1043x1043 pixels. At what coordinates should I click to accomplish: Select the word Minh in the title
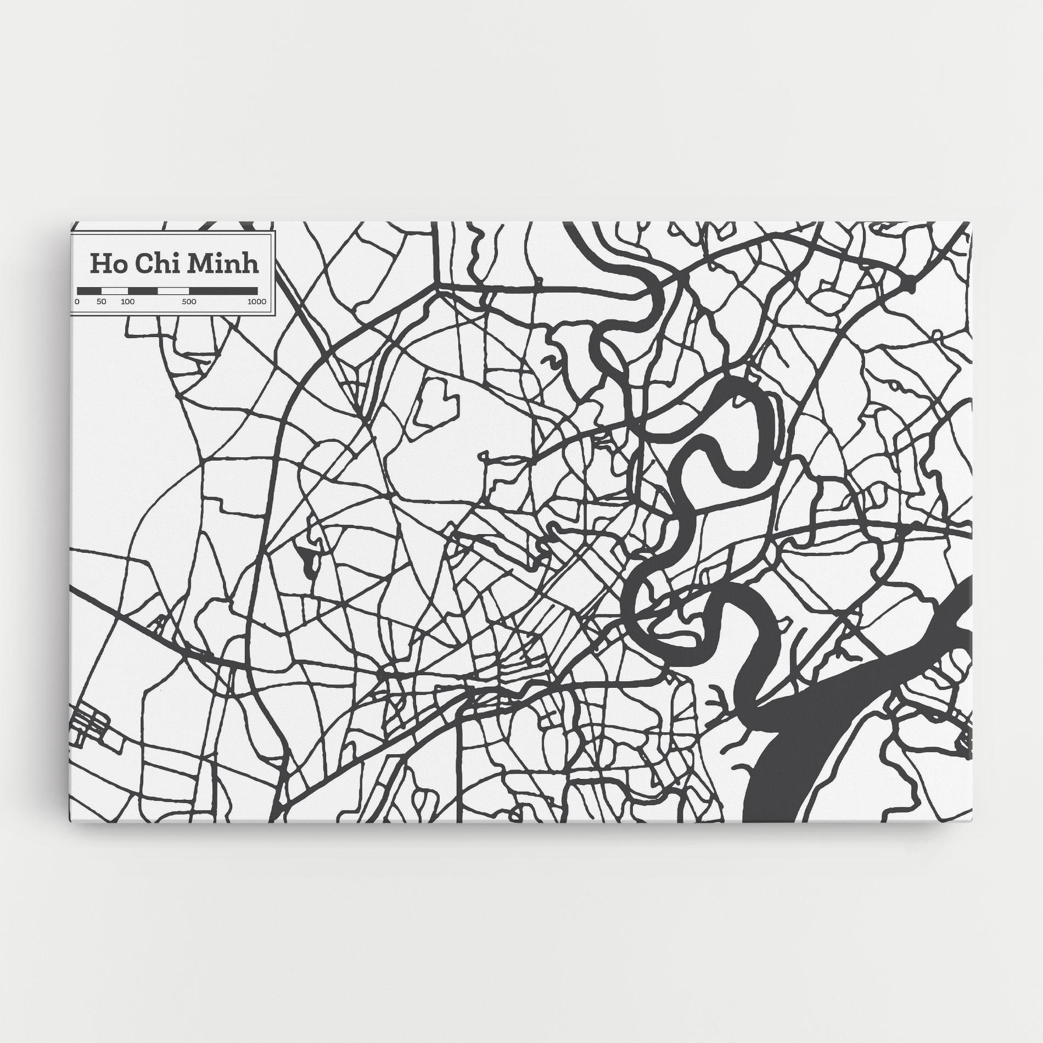tap(222, 263)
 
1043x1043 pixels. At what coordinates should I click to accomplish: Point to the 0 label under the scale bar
tap(77, 301)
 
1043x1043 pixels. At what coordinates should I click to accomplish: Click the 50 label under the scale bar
tap(102, 301)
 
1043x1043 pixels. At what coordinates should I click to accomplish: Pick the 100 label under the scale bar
tap(127, 301)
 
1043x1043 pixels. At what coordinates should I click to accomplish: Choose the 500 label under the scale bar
tap(189, 301)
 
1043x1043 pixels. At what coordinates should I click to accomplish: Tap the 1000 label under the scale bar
tap(256, 301)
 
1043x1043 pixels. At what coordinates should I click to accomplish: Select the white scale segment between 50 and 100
tap(114, 290)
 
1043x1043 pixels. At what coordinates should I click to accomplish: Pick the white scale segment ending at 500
tap(173, 290)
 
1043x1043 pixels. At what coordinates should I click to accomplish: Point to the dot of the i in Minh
tap(225, 254)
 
